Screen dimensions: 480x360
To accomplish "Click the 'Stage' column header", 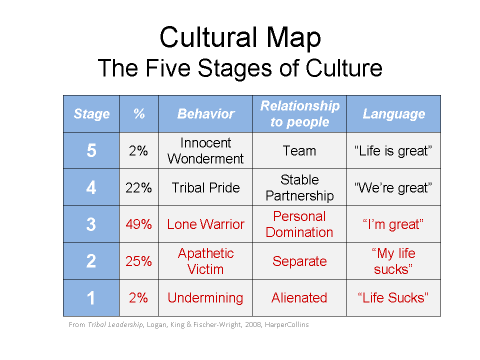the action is (91, 114).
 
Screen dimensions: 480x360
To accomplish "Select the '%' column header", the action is (139, 113).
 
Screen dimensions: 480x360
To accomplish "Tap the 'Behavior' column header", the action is (205, 113).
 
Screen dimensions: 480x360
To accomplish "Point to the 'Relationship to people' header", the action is (299, 113).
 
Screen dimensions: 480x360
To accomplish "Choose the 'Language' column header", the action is (393, 114).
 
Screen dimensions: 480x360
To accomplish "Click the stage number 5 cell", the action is (91, 150).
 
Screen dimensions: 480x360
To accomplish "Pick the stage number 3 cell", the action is (91, 224).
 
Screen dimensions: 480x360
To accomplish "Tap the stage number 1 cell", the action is (91, 298).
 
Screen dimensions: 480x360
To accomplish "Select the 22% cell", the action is (138, 187).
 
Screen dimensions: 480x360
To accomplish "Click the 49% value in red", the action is (138, 224).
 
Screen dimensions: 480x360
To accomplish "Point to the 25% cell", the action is (138, 261).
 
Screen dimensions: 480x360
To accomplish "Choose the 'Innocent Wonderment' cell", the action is (205, 150).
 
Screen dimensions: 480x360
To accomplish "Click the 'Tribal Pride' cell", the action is (205, 187).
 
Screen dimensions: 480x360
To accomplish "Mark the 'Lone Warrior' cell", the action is (205, 224).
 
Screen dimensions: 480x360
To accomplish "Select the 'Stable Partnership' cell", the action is (299, 187).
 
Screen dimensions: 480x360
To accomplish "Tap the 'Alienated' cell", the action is (299, 298).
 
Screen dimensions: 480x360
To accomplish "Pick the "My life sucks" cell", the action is (393, 261).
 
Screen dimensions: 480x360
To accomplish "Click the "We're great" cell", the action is (393, 187).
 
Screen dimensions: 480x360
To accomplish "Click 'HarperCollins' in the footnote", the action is (287, 324).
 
